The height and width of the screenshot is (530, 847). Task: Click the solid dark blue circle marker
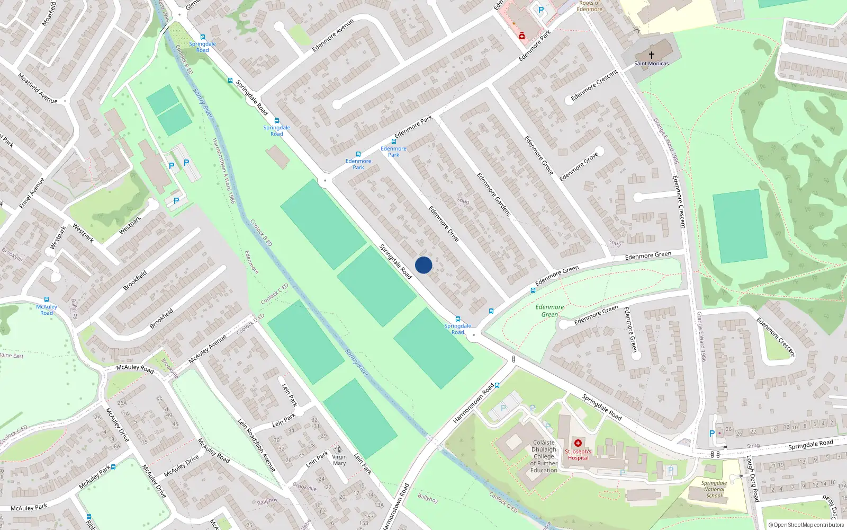(x=424, y=265)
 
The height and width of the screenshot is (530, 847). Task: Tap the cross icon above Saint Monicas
(x=652, y=55)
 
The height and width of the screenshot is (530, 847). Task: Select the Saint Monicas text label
(x=652, y=64)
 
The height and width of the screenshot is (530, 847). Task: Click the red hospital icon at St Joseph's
(x=578, y=443)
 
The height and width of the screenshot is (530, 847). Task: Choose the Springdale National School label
(x=714, y=489)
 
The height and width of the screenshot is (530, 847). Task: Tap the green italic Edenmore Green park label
(x=549, y=311)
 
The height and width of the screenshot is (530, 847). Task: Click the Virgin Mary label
(x=339, y=460)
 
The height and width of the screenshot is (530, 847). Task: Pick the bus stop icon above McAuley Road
(x=47, y=299)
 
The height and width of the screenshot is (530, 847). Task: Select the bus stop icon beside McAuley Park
(x=113, y=467)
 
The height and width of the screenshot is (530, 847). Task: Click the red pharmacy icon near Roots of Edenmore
(x=522, y=36)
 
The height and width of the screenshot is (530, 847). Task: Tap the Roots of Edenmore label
(x=589, y=6)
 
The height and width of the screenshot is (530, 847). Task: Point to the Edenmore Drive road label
(x=443, y=224)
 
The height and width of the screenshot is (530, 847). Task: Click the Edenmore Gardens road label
(x=493, y=194)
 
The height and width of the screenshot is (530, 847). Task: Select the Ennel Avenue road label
(x=32, y=193)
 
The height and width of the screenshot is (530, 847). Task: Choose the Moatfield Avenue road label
(x=38, y=88)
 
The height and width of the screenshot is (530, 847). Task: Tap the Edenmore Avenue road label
(x=332, y=36)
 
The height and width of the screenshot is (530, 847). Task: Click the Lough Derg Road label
(x=752, y=479)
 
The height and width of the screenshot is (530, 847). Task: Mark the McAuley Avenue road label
(x=208, y=349)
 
